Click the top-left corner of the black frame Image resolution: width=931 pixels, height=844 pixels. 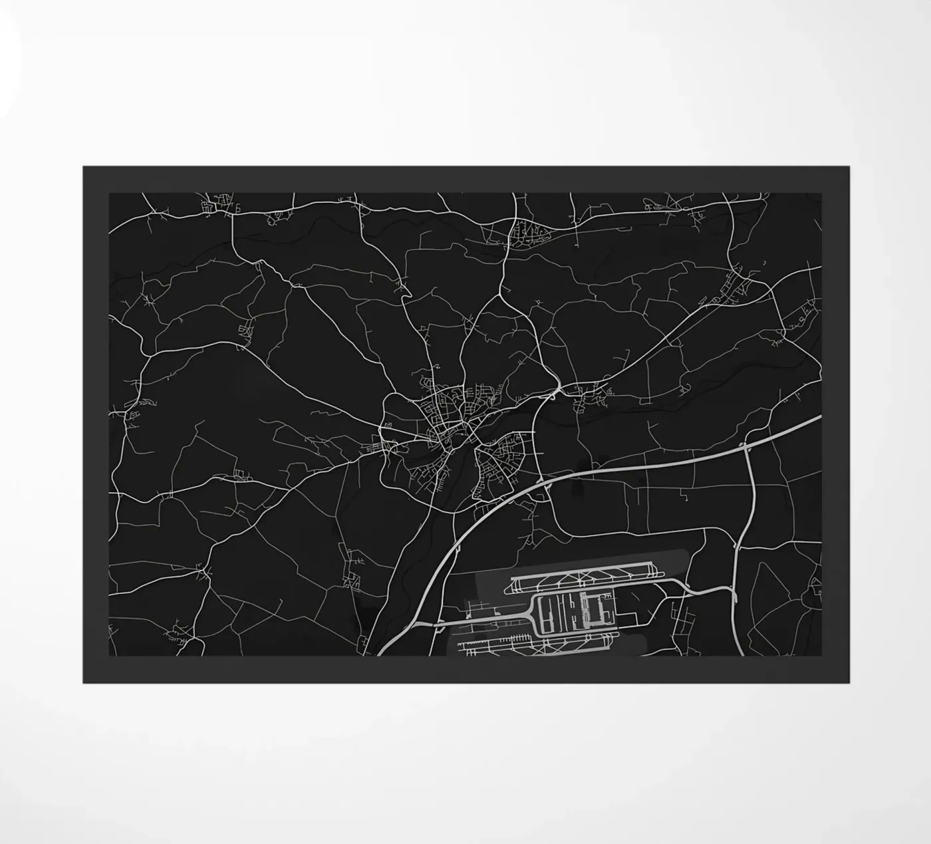83,166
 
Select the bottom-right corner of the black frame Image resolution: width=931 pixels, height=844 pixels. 849,682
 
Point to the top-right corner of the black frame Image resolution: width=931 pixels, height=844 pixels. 849,166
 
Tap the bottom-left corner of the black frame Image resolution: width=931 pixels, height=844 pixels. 83,682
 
